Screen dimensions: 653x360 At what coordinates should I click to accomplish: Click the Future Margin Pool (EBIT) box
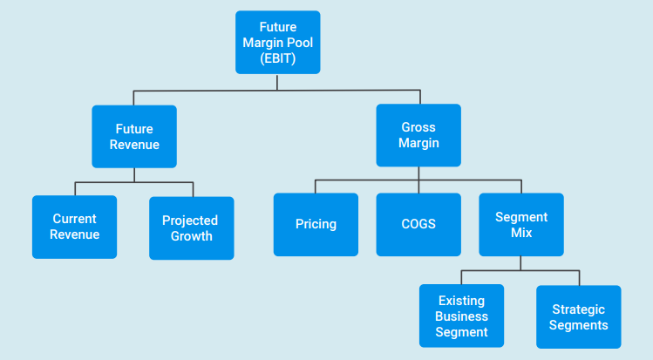[278, 43]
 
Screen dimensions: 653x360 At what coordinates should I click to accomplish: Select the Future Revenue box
[134, 137]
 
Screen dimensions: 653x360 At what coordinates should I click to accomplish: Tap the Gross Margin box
[418, 135]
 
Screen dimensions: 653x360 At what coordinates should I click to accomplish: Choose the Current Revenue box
[75, 227]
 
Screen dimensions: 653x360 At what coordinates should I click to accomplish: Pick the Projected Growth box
[192, 228]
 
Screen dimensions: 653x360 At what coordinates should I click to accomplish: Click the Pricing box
[316, 224]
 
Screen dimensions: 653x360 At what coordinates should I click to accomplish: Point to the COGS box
[418, 224]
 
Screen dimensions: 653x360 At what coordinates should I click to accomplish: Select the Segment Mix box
[521, 224]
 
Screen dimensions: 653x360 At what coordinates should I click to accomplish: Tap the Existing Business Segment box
[461, 316]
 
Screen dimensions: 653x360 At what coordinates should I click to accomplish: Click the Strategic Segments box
[578, 316]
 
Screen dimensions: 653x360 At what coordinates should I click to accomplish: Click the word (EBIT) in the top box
[278, 58]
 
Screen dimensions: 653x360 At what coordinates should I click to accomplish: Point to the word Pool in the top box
[299, 43]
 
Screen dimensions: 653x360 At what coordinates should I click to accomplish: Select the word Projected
[190, 221]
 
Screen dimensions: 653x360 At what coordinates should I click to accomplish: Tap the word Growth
[192, 236]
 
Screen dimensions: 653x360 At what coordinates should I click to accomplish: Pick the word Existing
[461, 301]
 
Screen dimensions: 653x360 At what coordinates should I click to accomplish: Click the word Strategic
[578, 309]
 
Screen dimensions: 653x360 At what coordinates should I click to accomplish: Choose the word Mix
[521, 232]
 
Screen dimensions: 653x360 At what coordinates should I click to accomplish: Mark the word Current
[75, 219]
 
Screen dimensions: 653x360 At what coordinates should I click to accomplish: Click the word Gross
[418, 127]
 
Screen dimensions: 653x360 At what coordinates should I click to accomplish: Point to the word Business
[461, 316]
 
